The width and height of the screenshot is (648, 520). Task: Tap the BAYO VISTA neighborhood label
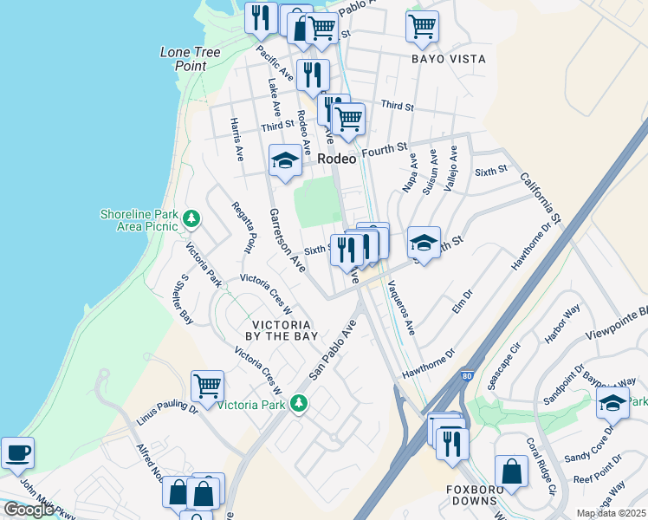[449, 59]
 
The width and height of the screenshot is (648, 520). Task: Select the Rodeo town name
[337, 159]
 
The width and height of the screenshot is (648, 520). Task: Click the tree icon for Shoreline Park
[192, 220]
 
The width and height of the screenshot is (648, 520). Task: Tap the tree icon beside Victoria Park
[299, 404]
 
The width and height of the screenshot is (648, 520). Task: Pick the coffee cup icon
[16, 452]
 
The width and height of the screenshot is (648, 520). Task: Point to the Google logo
[29, 510]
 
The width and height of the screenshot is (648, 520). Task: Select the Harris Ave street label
[236, 140]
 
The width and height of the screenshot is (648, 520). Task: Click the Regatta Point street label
[244, 227]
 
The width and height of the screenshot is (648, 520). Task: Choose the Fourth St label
[384, 150]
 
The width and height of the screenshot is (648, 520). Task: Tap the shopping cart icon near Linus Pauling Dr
[207, 386]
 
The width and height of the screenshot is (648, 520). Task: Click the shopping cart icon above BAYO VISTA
[422, 25]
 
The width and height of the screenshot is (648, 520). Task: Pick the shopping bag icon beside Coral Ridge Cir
[511, 471]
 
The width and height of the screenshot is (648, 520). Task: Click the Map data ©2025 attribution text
[611, 513]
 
